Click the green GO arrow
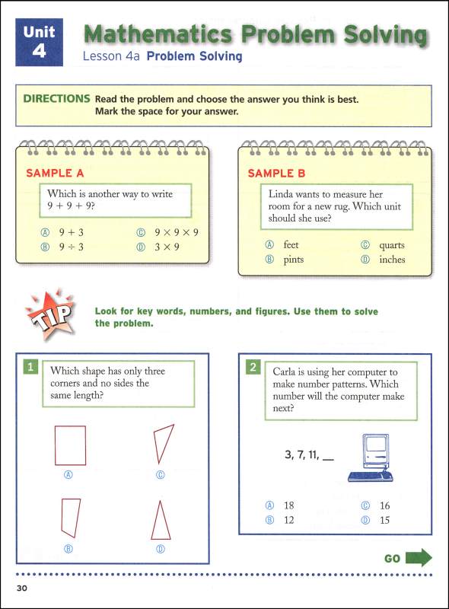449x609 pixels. pyautogui.click(x=419, y=558)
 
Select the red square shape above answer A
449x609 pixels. pyautogui.click(x=70, y=443)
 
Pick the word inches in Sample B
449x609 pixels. pyautogui.click(x=392, y=260)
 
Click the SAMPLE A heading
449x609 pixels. pyautogui.click(x=56, y=173)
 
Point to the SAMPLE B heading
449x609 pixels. pyautogui.click(x=276, y=173)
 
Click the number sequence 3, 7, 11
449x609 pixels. pyautogui.click(x=303, y=455)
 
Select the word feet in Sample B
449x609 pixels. pyautogui.click(x=291, y=245)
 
